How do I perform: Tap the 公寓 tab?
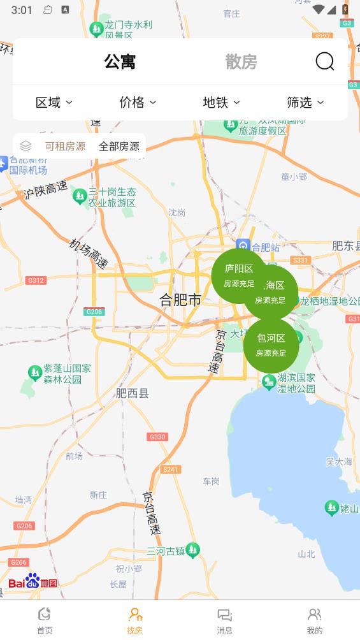(x=120, y=62)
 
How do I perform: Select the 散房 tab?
(x=241, y=62)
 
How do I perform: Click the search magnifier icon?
(x=325, y=61)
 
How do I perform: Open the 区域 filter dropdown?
(x=54, y=102)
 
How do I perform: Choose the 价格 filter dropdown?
(x=137, y=102)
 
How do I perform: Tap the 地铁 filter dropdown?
(x=221, y=102)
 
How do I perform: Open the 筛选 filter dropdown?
(x=305, y=102)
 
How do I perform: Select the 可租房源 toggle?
(x=65, y=147)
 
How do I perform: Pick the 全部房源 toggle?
(x=119, y=147)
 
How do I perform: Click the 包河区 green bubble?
(x=271, y=345)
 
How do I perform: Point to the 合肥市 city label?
(x=180, y=300)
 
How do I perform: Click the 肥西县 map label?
(x=133, y=393)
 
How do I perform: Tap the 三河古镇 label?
(x=166, y=551)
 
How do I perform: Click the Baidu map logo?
(x=32, y=581)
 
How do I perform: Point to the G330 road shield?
(x=157, y=437)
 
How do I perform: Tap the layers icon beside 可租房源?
(x=26, y=146)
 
